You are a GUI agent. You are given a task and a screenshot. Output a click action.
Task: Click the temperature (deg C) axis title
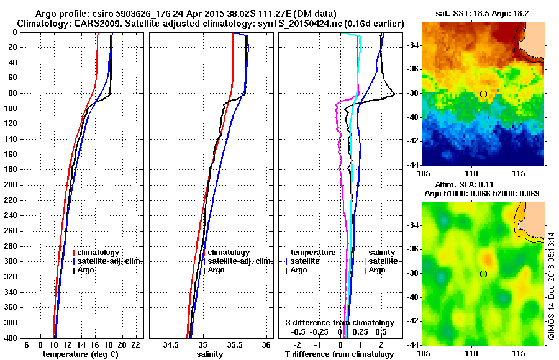(x=80, y=354)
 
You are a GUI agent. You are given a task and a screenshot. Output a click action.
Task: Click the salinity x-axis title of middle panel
(x=209, y=354)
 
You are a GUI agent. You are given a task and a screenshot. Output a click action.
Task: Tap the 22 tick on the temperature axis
(x=135, y=344)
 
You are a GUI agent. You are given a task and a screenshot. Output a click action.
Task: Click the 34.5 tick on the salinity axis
(x=171, y=344)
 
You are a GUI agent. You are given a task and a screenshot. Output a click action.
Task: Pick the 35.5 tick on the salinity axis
(x=234, y=344)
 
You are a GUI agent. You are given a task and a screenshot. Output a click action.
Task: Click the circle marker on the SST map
(x=483, y=94)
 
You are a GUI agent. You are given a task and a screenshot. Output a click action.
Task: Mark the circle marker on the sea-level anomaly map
(x=483, y=274)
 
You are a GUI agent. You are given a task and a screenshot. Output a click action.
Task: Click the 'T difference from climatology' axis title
(x=339, y=354)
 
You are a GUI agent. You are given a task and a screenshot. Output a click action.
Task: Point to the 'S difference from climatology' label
(x=339, y=323)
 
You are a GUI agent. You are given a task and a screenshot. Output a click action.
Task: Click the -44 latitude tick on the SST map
(x=413, y=164)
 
